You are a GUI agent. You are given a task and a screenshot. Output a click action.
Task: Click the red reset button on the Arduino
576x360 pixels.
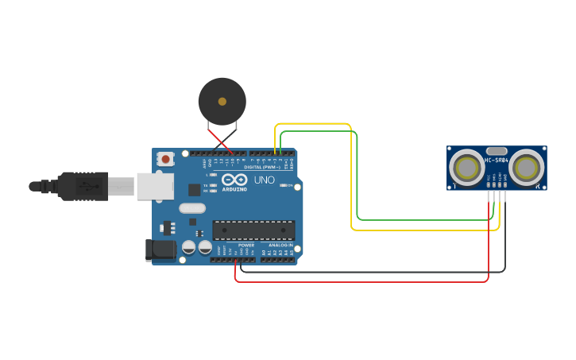coord(165,159)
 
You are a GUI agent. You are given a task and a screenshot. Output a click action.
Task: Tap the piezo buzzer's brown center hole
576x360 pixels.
coord(222,102)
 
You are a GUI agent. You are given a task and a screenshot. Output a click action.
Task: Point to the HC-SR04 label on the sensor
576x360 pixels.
coord(497,161)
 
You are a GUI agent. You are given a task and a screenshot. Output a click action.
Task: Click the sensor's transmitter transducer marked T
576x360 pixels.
coord(465,168)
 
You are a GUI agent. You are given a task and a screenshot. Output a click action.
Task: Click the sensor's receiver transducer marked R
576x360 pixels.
coord(527,168)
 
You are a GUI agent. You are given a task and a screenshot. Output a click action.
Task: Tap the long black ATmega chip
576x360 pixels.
coord(253,230)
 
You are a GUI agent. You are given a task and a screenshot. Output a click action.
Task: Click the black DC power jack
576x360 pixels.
coord(161,250)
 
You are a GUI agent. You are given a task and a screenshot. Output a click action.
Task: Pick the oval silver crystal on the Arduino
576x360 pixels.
coord(192,208)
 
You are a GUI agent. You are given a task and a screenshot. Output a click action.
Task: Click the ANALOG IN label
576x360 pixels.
coord(279,245)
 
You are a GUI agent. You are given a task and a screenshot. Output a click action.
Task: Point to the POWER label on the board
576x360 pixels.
coord(246,245)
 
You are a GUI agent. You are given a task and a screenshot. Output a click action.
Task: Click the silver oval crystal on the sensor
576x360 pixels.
coord(497,151)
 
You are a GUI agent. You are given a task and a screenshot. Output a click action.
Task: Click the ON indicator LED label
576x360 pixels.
coord(288,187)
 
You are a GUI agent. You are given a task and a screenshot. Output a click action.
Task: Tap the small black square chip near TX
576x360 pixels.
coord(195,189)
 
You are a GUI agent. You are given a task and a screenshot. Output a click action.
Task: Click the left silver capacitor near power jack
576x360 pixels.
coord(189,247)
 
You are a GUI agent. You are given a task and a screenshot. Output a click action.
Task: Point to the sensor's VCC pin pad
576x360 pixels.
coord(489,184)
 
